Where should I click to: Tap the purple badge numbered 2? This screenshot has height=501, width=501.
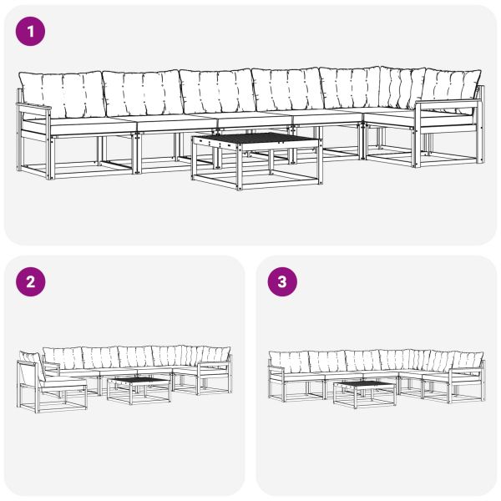click(x=31, y=281)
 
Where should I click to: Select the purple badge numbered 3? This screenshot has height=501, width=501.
click(x=281, y=281)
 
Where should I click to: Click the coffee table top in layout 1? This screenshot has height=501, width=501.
click(x=256, y=139)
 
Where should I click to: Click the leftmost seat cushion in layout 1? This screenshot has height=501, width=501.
click(x=83, y=123)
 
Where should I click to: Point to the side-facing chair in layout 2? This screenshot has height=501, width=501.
click(x=50, y=384)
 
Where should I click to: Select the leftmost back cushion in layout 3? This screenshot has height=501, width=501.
click(x=289, y=361)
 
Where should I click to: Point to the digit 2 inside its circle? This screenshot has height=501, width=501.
click(x=31, y=281)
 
